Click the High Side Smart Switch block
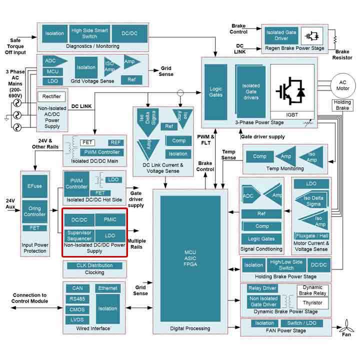point(90,33)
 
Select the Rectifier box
point(52,96)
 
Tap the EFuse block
point(34,186)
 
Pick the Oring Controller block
point(34,211)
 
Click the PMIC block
point(109,219)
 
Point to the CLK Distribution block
point(94,265)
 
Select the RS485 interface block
point(77,299)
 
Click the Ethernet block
point(108,288)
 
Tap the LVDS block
point(77,320)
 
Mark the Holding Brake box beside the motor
point(342,105)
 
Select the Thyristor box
point(312,302)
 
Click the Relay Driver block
point(263,288)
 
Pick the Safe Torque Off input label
point(17,45)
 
